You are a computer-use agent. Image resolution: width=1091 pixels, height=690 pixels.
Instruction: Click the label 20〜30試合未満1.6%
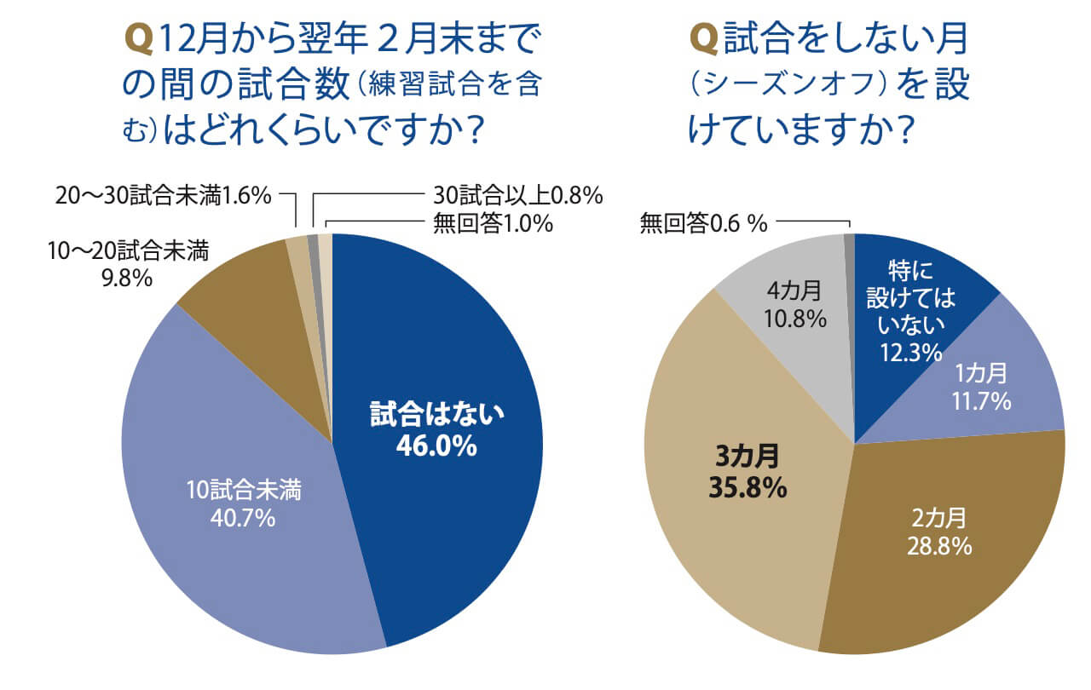click(163, 196)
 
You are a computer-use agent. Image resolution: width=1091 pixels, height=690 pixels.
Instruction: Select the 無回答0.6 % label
click(703, 224)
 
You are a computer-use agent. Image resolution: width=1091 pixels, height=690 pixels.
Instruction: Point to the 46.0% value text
click(436, 446)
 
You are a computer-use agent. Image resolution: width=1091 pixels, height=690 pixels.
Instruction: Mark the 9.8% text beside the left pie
click(127, 278)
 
